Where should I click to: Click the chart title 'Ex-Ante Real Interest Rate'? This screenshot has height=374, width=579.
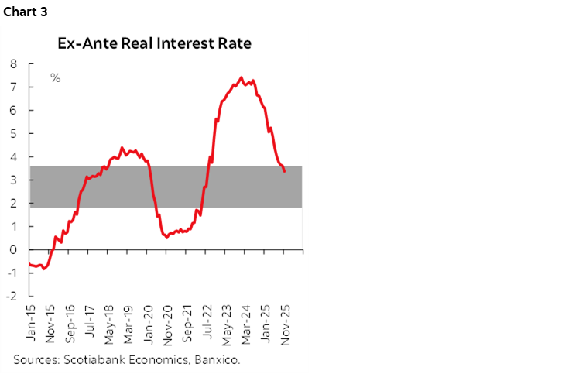pyautogui.click(x=154, y=43)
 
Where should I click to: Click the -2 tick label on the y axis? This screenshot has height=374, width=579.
pyautogui.click(x=12, y=296)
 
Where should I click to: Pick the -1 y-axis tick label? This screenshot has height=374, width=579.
pyautogui.click(x=12, y=273)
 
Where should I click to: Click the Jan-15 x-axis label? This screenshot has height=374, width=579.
pyautogui.click(x=32, y=324)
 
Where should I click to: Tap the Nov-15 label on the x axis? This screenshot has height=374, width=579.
pyautogui.click(x=51, y=324)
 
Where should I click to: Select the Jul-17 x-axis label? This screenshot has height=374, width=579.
pyautogui.click(x=90, y=324)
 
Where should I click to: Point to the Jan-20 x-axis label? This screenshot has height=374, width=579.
pyautogui.click(x=148, y=324)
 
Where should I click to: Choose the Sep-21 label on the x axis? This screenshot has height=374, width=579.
pyautogui.click(x=187, y=324)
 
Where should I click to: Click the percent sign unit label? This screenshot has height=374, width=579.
pyautogui.click(x=55, y=77)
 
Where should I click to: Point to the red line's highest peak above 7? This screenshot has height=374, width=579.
pyautogui.click(x=241, y=77)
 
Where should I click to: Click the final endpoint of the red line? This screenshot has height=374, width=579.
pyautogui.click(x=285, y=171)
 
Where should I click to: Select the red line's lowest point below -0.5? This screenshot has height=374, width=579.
pyautogui.click(x=45, y=269)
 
